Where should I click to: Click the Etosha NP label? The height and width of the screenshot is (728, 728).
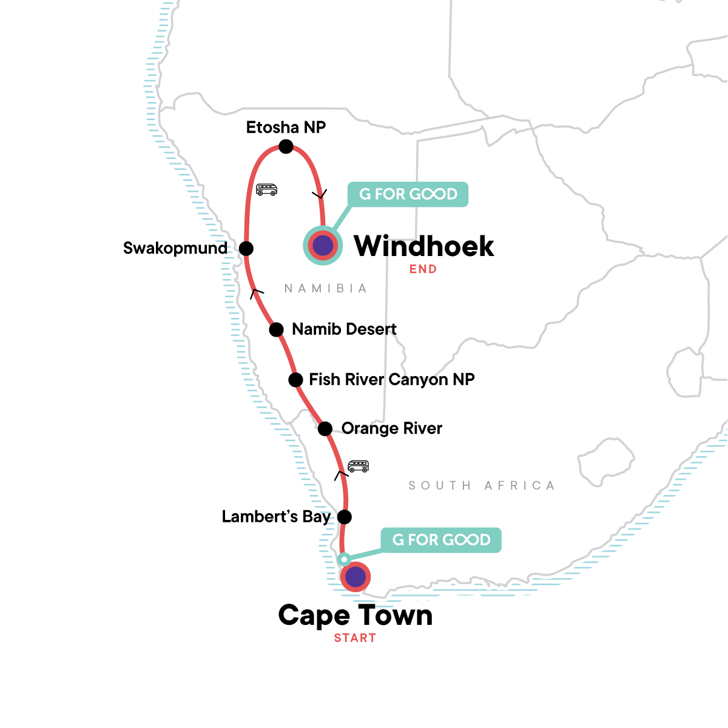[x=286, y=127]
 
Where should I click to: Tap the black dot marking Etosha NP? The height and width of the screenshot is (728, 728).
[x=286, y=146]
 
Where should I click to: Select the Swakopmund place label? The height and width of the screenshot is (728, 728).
[x=175, y=249]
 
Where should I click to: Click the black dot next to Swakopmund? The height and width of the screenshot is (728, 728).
[x=246, y=249]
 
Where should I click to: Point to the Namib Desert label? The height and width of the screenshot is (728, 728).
[x=344, y=329]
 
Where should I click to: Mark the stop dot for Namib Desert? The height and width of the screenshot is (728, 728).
[x=277, y=329]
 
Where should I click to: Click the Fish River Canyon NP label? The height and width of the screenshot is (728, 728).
[x=392, y=380]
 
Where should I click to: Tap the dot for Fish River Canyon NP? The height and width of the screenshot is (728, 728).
[x=295, y=380]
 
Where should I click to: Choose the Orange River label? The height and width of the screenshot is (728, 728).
[x=392, y=429]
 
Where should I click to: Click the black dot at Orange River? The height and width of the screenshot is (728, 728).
[x=325, y=429]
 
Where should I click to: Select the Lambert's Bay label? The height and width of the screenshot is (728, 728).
[x=276, y=517]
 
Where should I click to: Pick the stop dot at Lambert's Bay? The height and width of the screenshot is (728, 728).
[x=344, y=517]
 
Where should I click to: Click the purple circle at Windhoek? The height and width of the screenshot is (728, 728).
[x=323, y=246]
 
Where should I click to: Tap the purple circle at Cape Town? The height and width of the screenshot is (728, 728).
[x=356, y=577]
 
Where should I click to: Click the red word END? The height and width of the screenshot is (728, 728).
[x=423, y=269]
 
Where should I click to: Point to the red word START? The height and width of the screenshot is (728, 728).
[x=355, y=638]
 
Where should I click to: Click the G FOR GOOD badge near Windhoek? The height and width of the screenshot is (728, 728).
[x=408, y=194]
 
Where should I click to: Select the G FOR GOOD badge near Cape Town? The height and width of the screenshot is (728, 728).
[x=441, y=541]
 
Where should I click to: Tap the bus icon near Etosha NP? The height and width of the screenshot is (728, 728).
[x=266, y=189]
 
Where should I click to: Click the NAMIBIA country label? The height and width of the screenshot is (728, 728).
[x=326, y=289]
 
